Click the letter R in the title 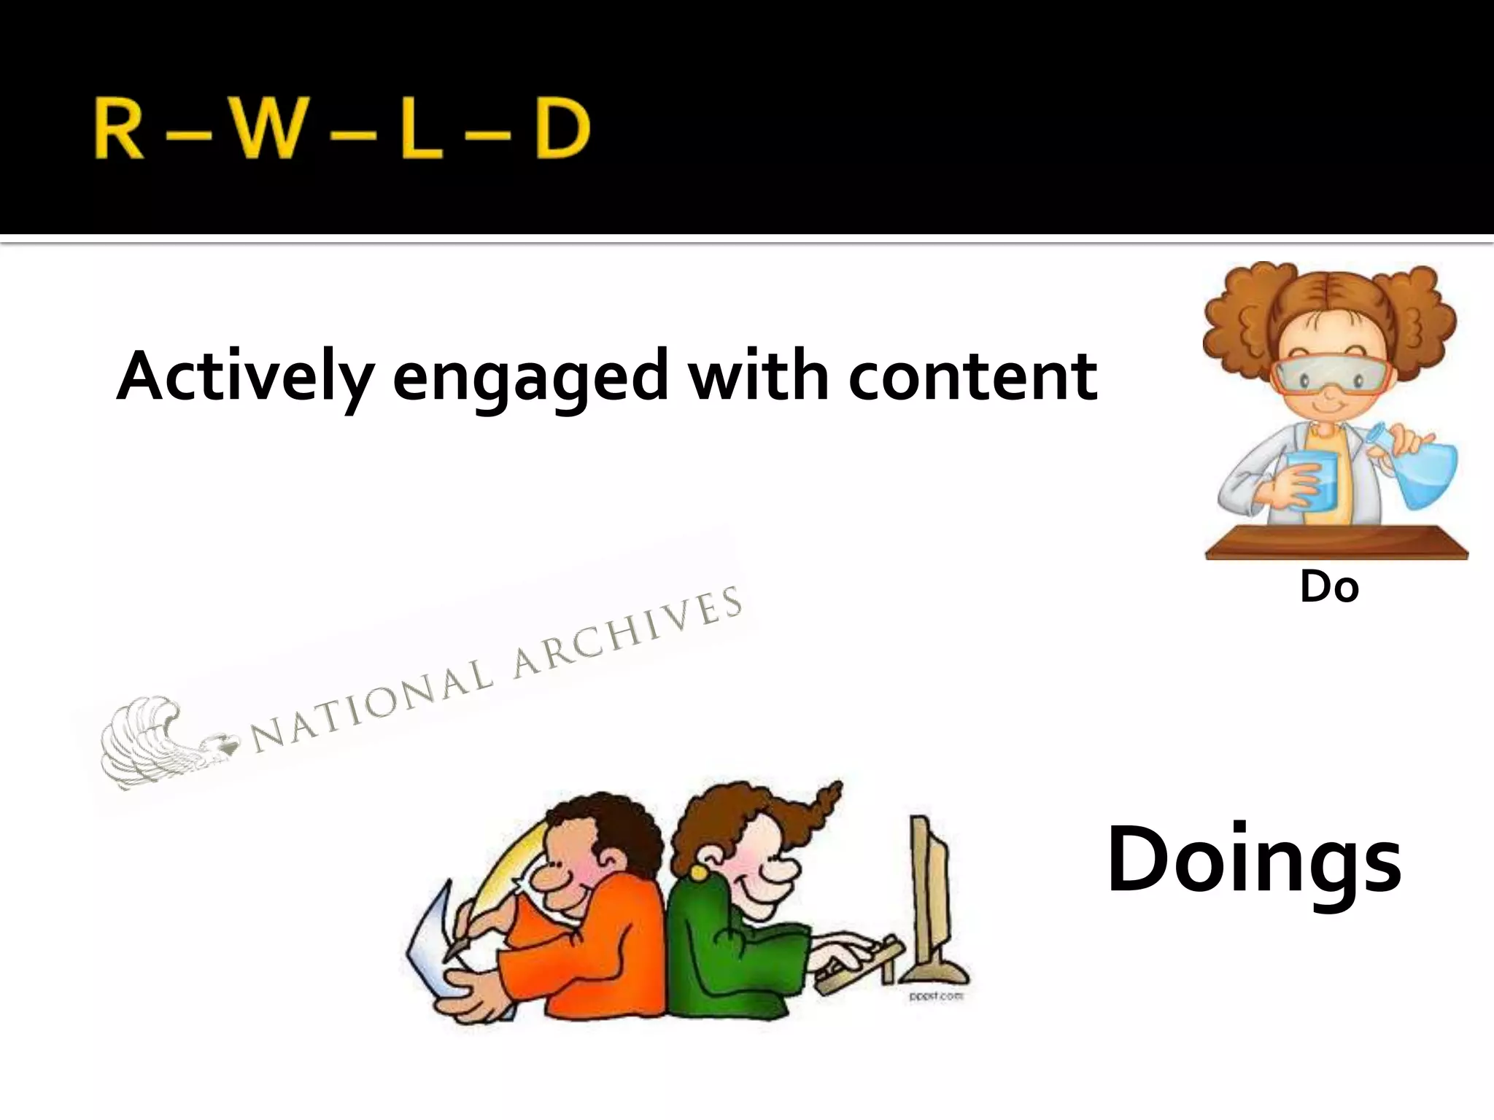pos(118,130)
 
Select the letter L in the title pos(421,130)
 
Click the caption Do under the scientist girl pos(1329,587)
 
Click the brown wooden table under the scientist pos(1335,543)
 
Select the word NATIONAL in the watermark pos(372,706)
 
